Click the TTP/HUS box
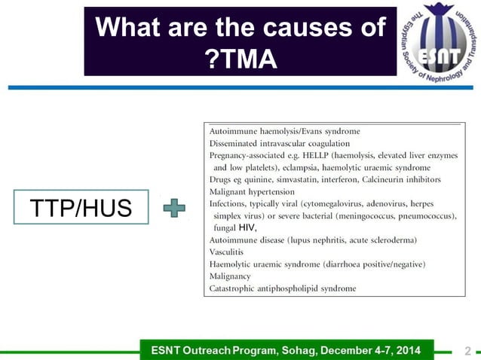[81, 207]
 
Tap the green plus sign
[175, 207]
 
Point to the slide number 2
[468, 351]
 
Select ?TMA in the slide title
[240, 58]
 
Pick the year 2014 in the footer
[414, 350]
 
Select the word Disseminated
[235, 143]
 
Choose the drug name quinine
[259, 179]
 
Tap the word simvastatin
[303, 179]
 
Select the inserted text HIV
[247, 227]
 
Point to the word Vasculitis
[226, 252]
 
